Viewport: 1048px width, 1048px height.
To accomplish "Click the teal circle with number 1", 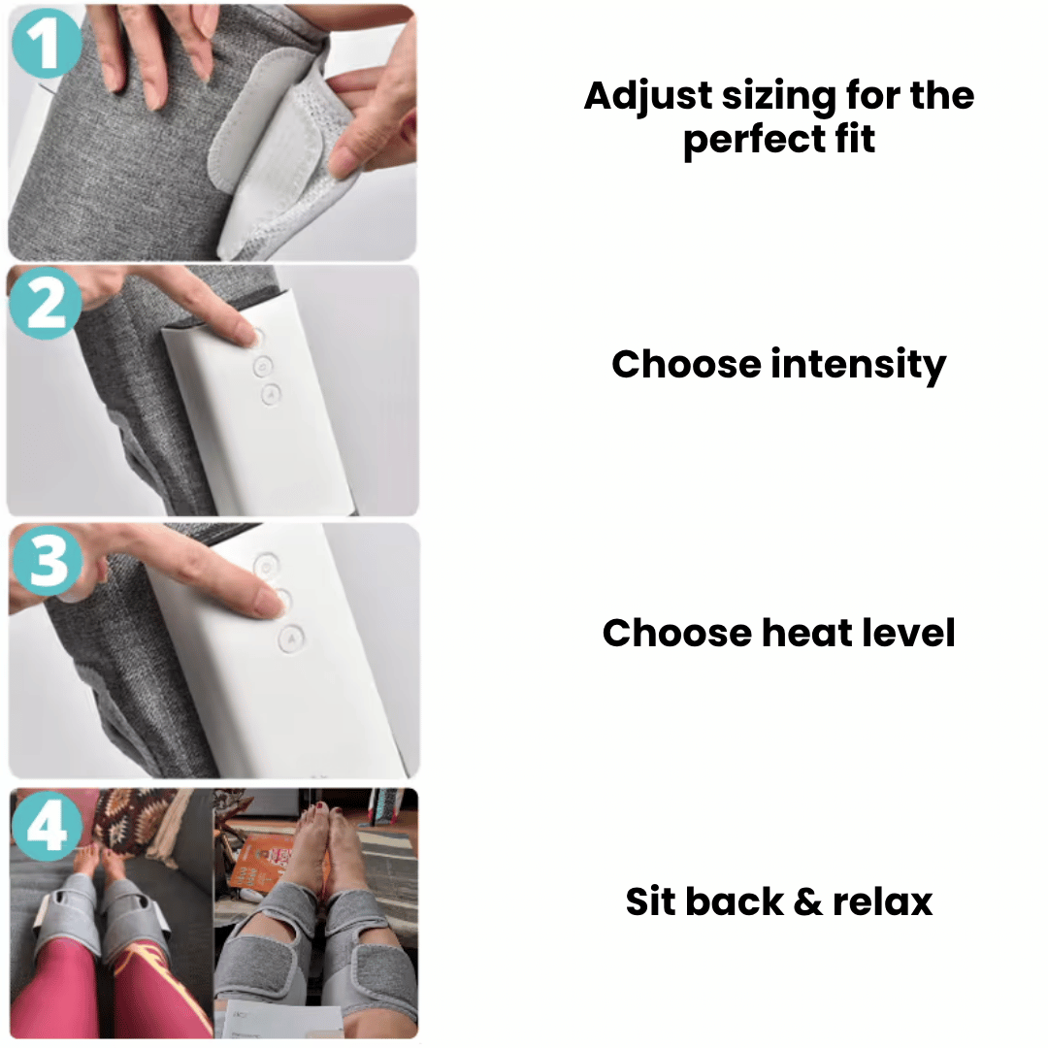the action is click(47, 43).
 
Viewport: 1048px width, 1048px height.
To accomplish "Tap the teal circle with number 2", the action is click(46, 304).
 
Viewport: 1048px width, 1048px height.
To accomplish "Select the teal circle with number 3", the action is click(47, 560).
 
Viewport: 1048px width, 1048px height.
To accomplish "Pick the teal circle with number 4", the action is click(47, 826).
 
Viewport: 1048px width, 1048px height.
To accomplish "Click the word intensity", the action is click(859, 365).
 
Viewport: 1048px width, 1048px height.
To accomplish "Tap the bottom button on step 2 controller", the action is click(271, 395).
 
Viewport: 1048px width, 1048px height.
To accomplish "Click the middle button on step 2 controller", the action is click(263, 366).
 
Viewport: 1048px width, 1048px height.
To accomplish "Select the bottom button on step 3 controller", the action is click(291, 639).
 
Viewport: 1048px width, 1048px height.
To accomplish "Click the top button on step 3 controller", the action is click(267, 566).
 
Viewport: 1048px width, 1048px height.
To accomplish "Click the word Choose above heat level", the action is click(676, 633).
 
